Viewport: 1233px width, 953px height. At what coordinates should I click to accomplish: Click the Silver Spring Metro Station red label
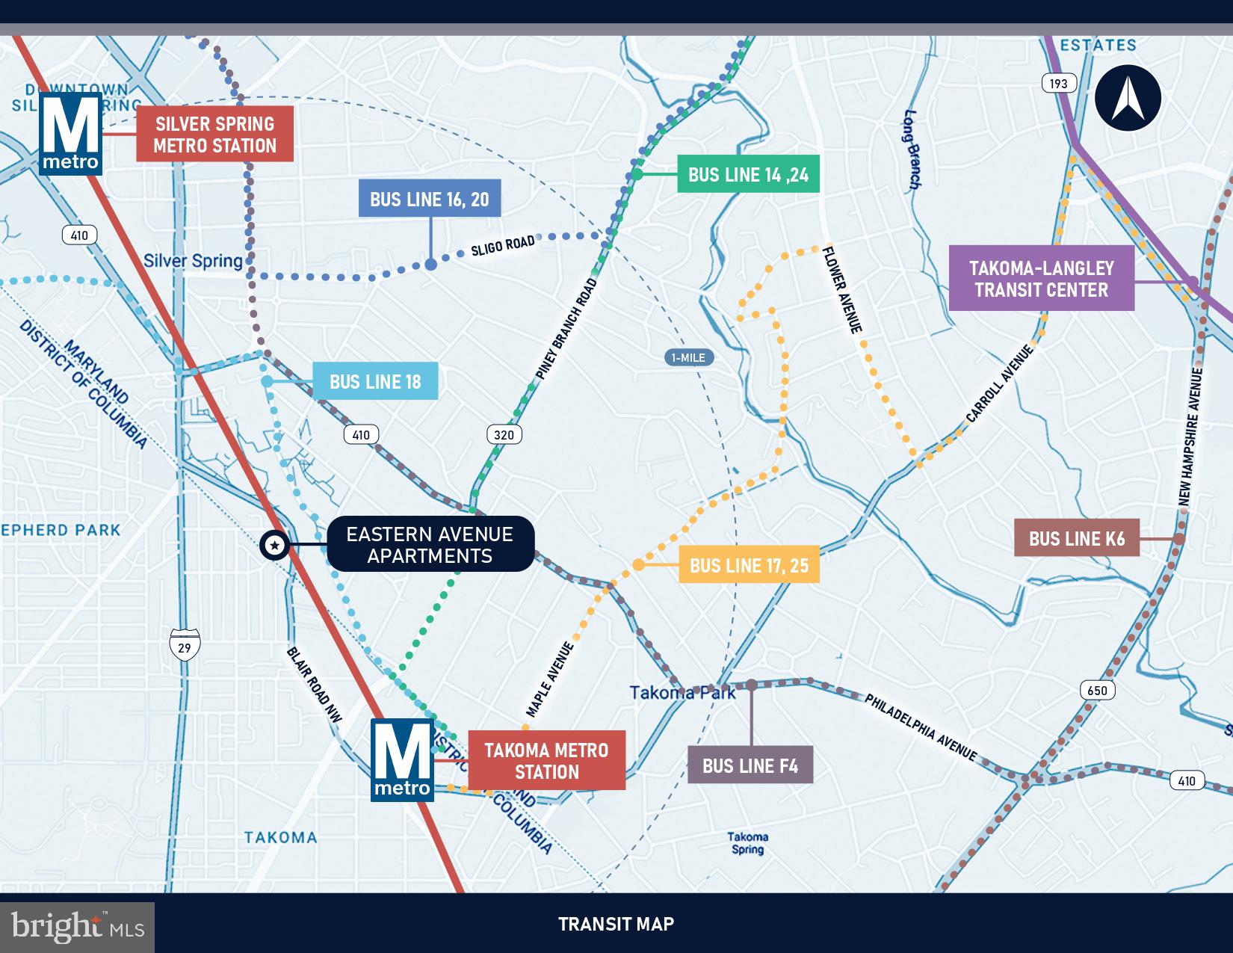pos(214,135)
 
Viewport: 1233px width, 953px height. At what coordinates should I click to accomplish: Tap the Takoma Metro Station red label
pos(546,761)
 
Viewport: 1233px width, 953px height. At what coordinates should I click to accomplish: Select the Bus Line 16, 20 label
pos(430,199)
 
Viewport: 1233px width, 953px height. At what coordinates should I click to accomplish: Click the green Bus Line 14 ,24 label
pos(748,174)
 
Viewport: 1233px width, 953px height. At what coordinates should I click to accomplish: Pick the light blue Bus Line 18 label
pos(375,381)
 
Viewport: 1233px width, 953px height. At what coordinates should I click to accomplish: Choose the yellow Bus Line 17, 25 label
pos(749,565)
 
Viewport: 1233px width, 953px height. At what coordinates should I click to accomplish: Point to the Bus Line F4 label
pos(750,765)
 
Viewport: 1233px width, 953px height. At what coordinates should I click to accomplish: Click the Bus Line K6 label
pos(1076,538)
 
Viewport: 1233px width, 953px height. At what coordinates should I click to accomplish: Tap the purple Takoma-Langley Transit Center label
pos(1041,280)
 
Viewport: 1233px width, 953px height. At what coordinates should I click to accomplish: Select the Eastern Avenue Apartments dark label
pos(430,545)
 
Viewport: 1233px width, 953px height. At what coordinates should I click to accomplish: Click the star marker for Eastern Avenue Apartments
pos(274,546)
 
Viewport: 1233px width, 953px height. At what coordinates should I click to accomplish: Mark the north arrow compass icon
pos(1128,99)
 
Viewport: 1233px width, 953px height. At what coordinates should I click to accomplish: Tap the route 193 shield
pos(1058,83)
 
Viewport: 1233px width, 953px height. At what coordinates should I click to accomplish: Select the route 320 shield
pos(504,434)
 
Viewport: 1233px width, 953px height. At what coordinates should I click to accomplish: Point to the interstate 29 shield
pos(184,644)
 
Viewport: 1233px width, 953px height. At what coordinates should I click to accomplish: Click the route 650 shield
pos(1097,690)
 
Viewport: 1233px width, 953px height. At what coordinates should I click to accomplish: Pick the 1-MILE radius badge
pos(688,358)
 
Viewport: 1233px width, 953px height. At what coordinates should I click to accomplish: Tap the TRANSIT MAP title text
pos(616,924)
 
